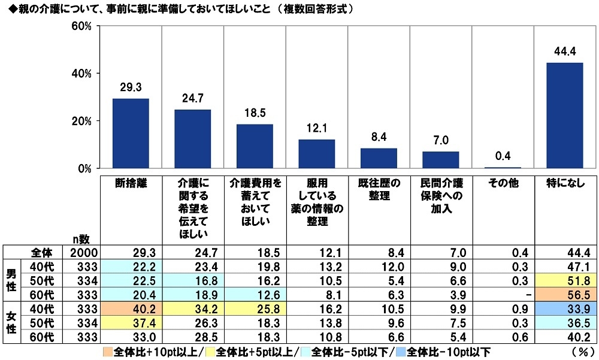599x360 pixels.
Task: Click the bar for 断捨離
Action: coord(131,134)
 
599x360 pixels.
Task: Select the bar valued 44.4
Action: coord(564,116)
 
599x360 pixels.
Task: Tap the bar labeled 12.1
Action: coord(316,154)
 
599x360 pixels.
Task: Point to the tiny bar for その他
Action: coord(503,168)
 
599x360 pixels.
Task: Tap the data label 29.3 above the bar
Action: coord(131,88)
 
